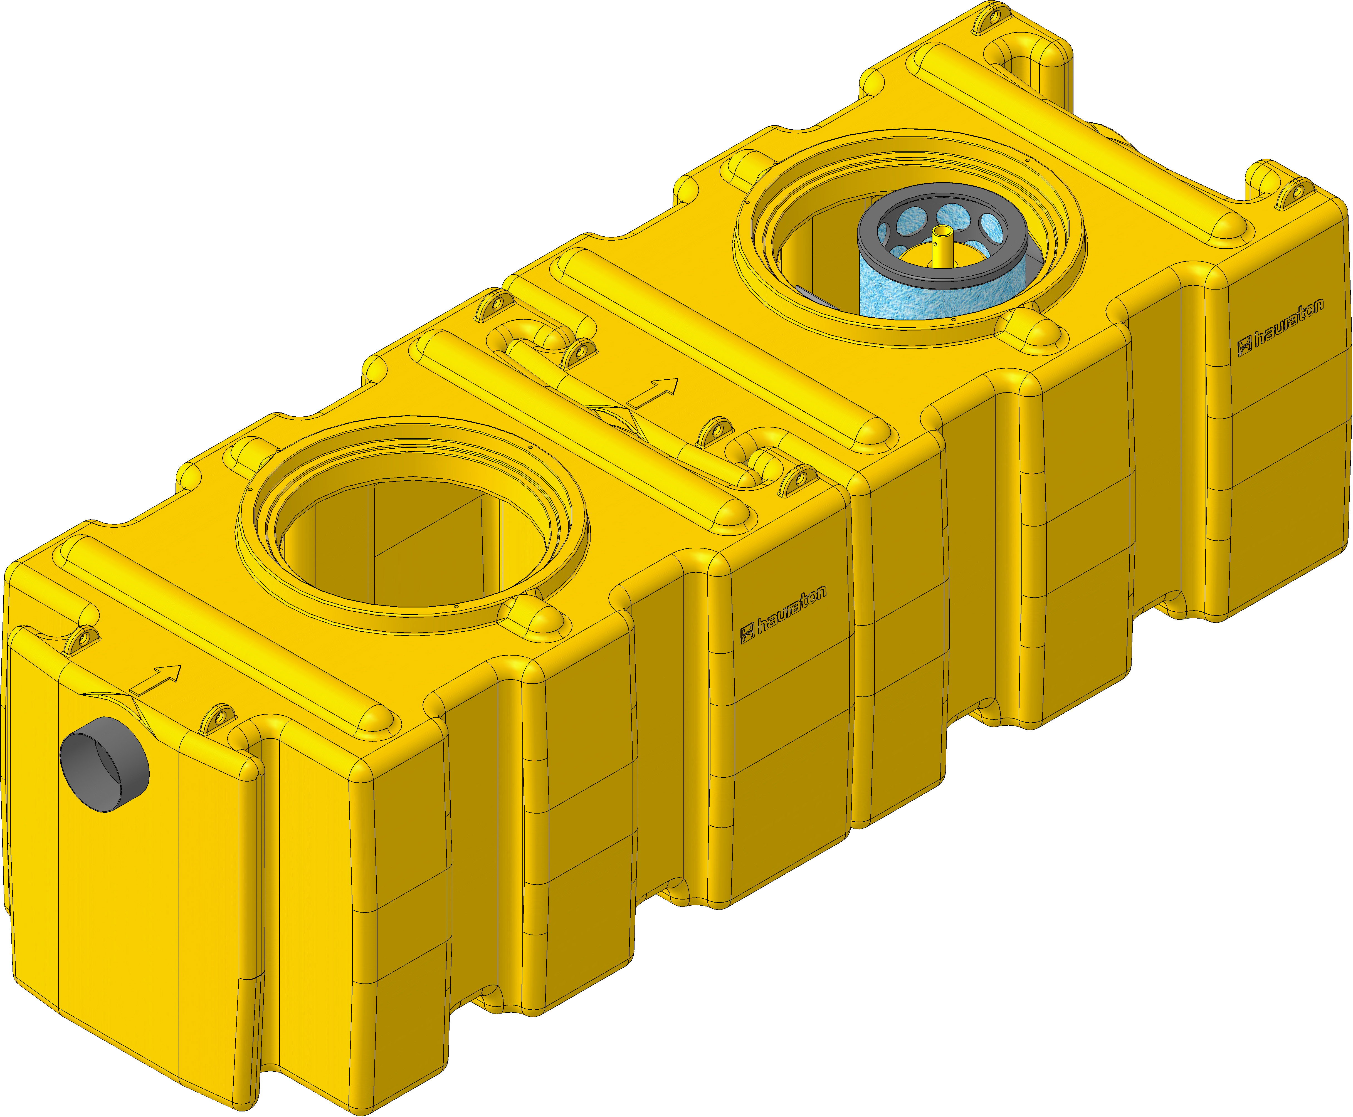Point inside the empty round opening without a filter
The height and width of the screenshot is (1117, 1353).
pos(412,547)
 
